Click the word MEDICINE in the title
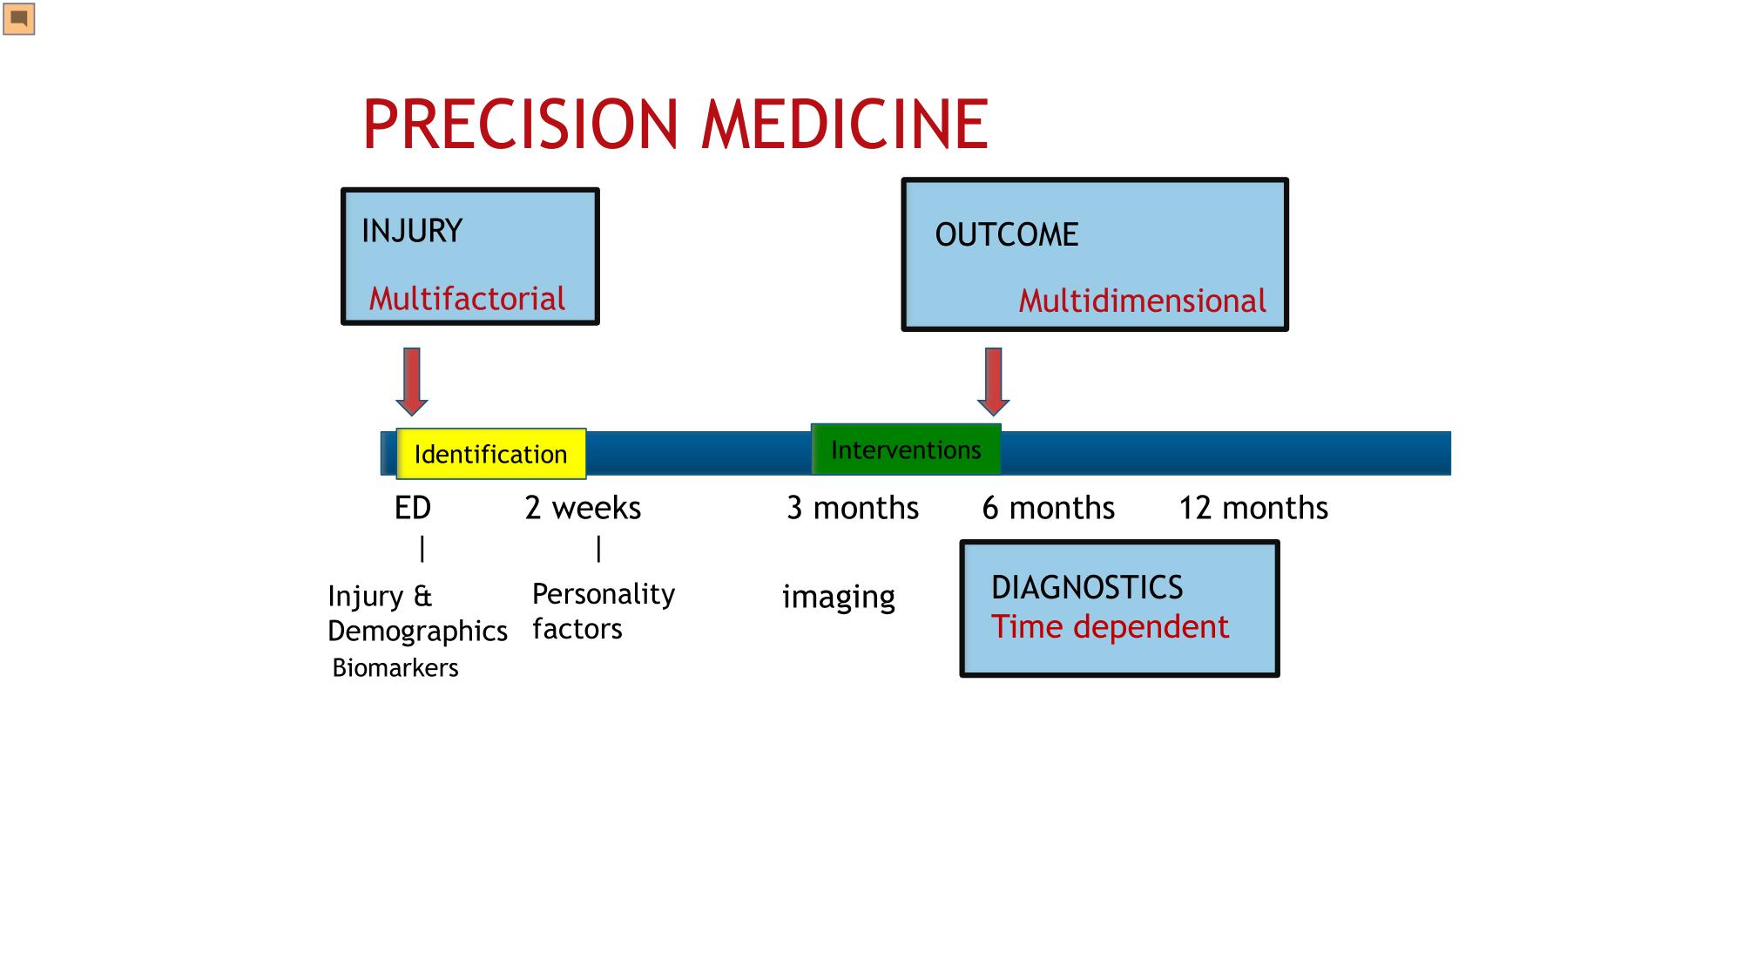(845, 124)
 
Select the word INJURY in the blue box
(412, 231)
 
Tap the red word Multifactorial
(467, 299)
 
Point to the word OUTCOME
(1007, 234)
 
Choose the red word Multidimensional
(1142, 301)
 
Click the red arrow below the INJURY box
(412, 382)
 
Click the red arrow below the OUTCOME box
(994, 382)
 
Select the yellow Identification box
(491, 454)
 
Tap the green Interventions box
(906, 449)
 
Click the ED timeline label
(413, 508)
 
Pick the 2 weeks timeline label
(583, 508)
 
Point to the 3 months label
(853, 508)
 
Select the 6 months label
(1049, 508)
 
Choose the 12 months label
(1253, 508)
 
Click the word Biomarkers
(395, 668)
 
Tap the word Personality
(604, 595)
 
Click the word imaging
(839, 598)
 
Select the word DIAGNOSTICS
(1087, 588)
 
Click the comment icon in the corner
(18, 19)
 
